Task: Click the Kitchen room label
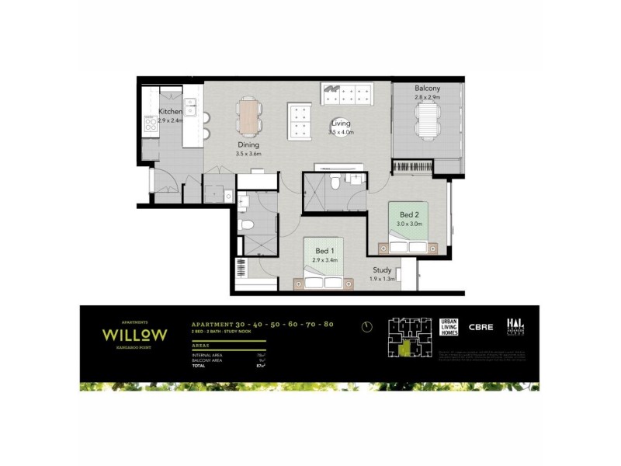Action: coord(170,112)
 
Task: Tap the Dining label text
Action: coord(248,144)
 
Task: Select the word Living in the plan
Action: coord(341,123)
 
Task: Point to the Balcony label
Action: coord(427,89)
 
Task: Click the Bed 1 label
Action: coord(326,250)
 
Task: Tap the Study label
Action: coord(381,270)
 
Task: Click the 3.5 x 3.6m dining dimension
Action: coord(248,154)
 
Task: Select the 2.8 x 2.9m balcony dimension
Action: coord(427,98)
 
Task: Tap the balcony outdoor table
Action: coord(428,121)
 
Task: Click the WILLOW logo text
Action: coord(134,334)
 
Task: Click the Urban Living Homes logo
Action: coord(449,327)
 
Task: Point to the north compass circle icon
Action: coord(366,327)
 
